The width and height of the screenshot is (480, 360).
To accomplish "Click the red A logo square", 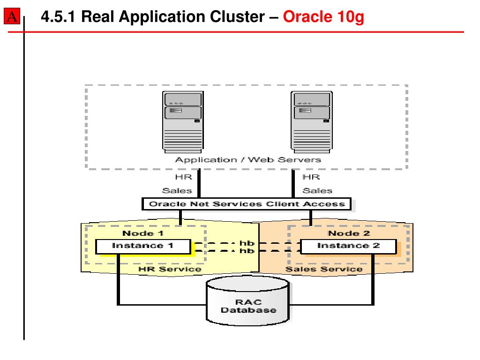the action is click(x=12, y=16).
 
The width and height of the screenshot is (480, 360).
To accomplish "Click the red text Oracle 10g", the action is click(x=323, y=17).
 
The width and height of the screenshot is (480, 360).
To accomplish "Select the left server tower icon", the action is click(x=183, y=122).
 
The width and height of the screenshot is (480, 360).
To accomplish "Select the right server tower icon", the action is click(x=312, y=122).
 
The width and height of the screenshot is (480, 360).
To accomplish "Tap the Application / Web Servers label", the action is click(x=248, y=160).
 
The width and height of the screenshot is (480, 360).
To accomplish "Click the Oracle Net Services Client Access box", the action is click(x=247, y=204).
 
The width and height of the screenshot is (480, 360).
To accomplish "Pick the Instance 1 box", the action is click(x=143, y=247).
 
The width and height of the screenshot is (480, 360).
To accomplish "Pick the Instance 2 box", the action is click(x=349, y=247).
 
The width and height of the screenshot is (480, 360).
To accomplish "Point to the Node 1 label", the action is click(x=143, y=233).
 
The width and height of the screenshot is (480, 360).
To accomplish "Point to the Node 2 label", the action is click(x=349, y=233).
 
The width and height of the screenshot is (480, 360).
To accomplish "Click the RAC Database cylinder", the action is click(x=248, y=300).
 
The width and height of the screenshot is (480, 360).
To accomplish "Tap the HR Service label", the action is click(x=170, y=269).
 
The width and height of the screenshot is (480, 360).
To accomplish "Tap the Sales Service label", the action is click(x=324, y=269).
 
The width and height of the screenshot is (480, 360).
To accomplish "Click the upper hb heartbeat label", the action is click(x=247, y=243).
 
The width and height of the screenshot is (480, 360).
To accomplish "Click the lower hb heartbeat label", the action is click(x=247, y=251).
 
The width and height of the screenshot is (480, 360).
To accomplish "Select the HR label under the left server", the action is click(x=184, y=177).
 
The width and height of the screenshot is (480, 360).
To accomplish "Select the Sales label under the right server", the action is click(x=317, y=191).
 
